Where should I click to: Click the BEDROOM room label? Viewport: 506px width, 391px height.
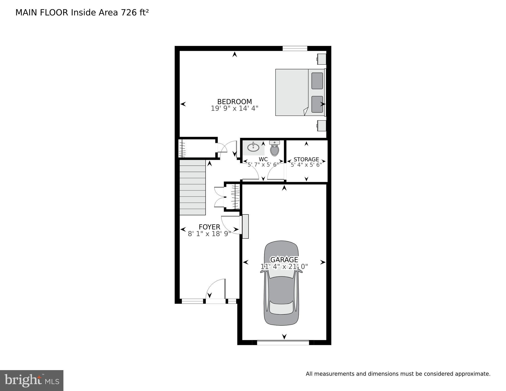(x=234, y=101)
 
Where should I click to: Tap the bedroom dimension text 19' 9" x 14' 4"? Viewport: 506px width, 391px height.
(x=234, y=109)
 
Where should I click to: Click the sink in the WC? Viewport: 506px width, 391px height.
(x=253, y=147)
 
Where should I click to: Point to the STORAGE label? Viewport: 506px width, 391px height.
(x=306, y=159)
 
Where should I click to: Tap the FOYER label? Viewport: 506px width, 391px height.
(x=209, y=227)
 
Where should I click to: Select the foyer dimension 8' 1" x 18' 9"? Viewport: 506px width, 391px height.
(x=209, y=234)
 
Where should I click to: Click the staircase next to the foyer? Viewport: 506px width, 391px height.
(x=193, y=187)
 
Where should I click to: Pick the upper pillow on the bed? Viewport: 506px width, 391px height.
(x=317, y=81)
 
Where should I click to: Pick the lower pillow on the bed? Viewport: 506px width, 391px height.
(x=317, y=104)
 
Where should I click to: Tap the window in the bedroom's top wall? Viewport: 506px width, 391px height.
(x=295, y=48)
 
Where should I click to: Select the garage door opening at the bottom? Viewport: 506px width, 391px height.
(x=283, y=342)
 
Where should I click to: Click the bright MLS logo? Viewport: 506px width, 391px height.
(x=32, y=380)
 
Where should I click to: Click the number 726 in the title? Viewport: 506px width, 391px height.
(x=129, y=12)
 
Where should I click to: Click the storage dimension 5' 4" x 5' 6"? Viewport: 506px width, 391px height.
(x=306, y=165)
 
